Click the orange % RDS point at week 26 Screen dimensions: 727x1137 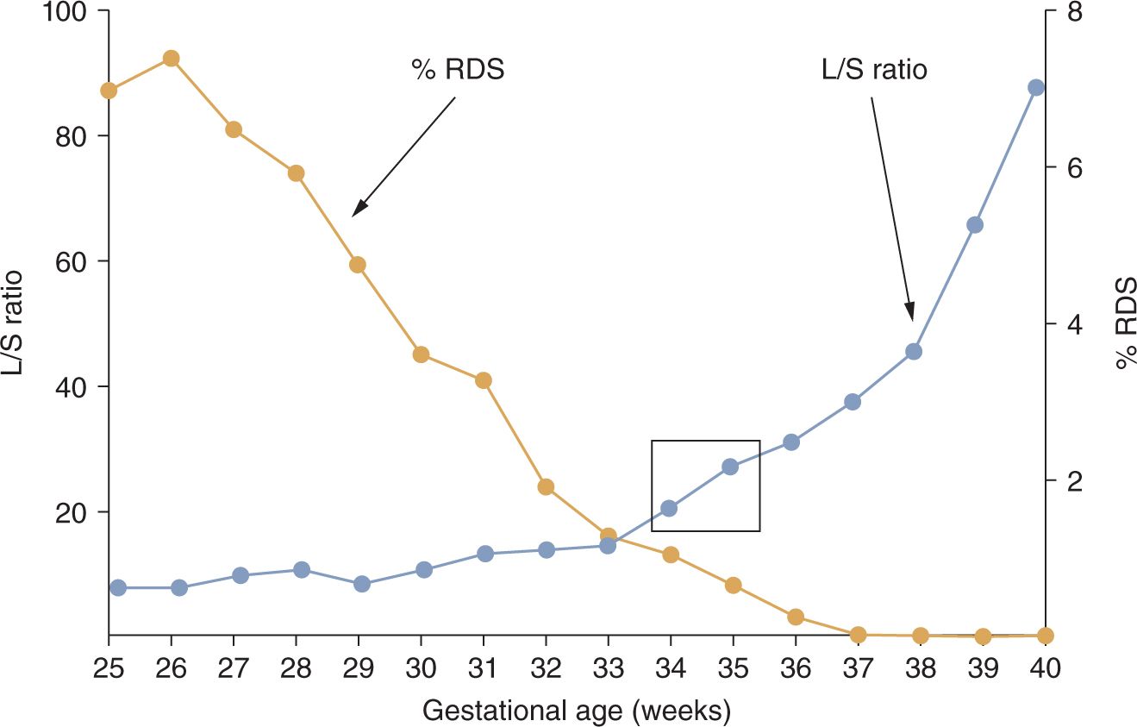[171, 59]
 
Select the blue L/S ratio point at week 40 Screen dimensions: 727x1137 [1036, 87]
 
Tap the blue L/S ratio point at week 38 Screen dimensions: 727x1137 [914, 351]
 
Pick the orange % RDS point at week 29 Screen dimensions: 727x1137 [358, 265]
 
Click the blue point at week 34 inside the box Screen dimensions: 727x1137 [669, 508]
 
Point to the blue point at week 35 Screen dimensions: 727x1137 [730, 467]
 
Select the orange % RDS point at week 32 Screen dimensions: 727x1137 [545, 487]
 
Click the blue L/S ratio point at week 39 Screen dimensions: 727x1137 [975, 225]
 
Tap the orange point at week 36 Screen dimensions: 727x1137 [796, 617]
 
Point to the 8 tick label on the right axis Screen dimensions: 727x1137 [1074, 12]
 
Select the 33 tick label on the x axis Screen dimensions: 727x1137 [609, 667]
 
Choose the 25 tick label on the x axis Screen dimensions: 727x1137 [109, 667]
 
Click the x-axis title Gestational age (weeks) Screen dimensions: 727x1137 [577, 711]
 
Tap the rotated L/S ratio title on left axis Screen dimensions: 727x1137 [15, 323]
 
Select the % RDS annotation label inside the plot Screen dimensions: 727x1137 [458, 70]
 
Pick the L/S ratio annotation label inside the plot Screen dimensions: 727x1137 [873, 70]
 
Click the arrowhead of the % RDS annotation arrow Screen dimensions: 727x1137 [356, 212]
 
